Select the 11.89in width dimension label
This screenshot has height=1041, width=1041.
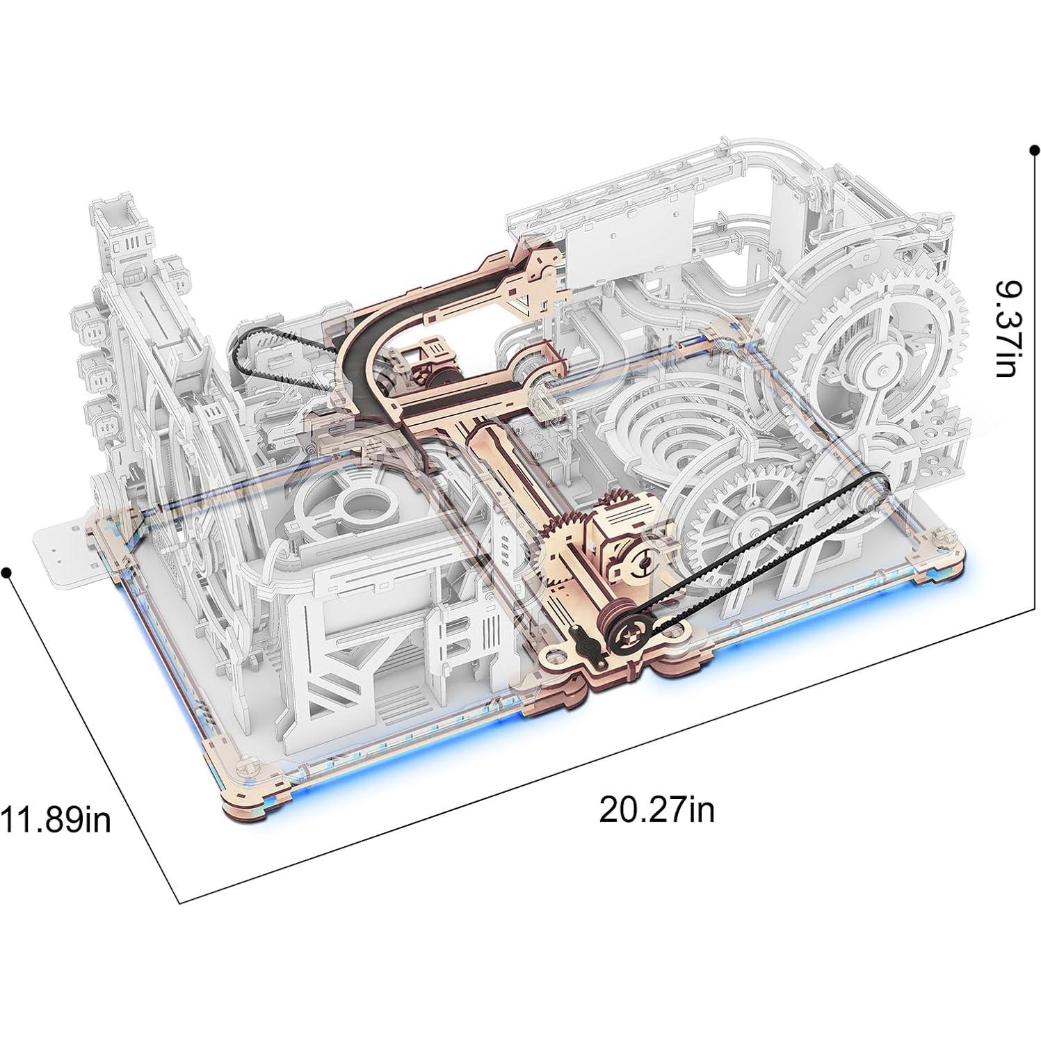(x=56, y=818)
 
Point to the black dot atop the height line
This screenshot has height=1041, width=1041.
(x=1035, y=150)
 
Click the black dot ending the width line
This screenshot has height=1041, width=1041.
(x=7, y=572)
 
